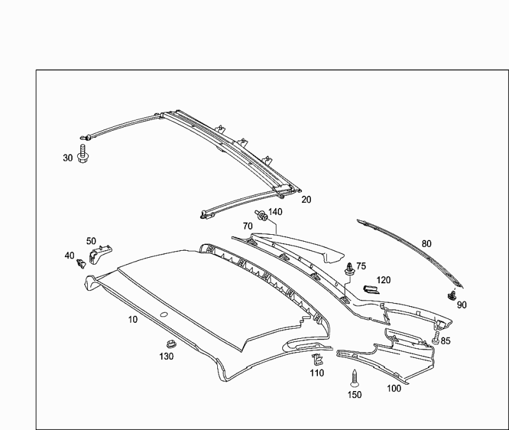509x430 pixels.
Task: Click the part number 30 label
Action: pos(68,158)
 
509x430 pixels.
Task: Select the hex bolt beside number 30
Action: pos(83,154)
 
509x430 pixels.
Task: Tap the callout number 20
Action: pos(306,200)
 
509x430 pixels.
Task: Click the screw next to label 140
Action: pos(261,215)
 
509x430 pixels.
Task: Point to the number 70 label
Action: pos(248,226)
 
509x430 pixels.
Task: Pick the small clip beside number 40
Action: pos(80,263)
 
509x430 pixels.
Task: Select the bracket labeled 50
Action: pos(100,253)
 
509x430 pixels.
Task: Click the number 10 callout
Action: pos(133,320)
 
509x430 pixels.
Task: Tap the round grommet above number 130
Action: pos(170,344)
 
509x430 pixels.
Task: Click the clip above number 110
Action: pos(317,360)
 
